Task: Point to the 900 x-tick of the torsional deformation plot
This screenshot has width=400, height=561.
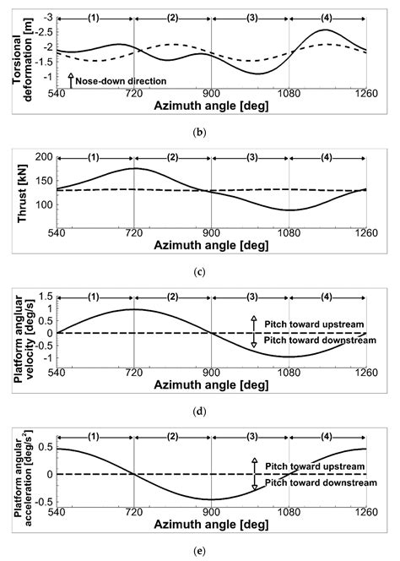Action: pos(211,93)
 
